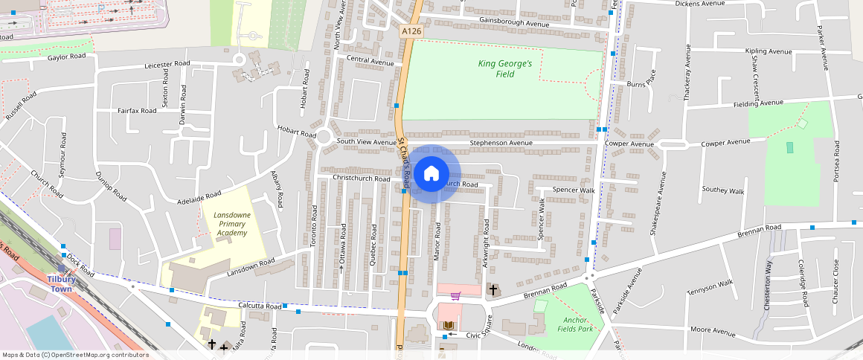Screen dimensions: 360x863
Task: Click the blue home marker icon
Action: pyautogui.click(x=431, y=174)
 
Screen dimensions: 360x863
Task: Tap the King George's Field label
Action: pyautogui.click(x=505, y=68)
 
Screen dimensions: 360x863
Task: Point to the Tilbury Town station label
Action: pyautogui.click(x=60, y=283)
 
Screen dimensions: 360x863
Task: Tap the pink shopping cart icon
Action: pyautogui.click(x=455, y=295)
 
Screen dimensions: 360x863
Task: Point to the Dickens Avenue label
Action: pyautogui.click(x=699, y=4)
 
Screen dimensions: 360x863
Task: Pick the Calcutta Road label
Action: pyautogui.click(x=260, y=306)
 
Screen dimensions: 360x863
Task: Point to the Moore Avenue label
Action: pyautogui.click(x=713, y=329)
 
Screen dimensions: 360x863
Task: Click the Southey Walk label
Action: pyautogui.click(x=723, y=190)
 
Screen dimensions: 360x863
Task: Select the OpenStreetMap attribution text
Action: pyautogui.click(x=74, y=355)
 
